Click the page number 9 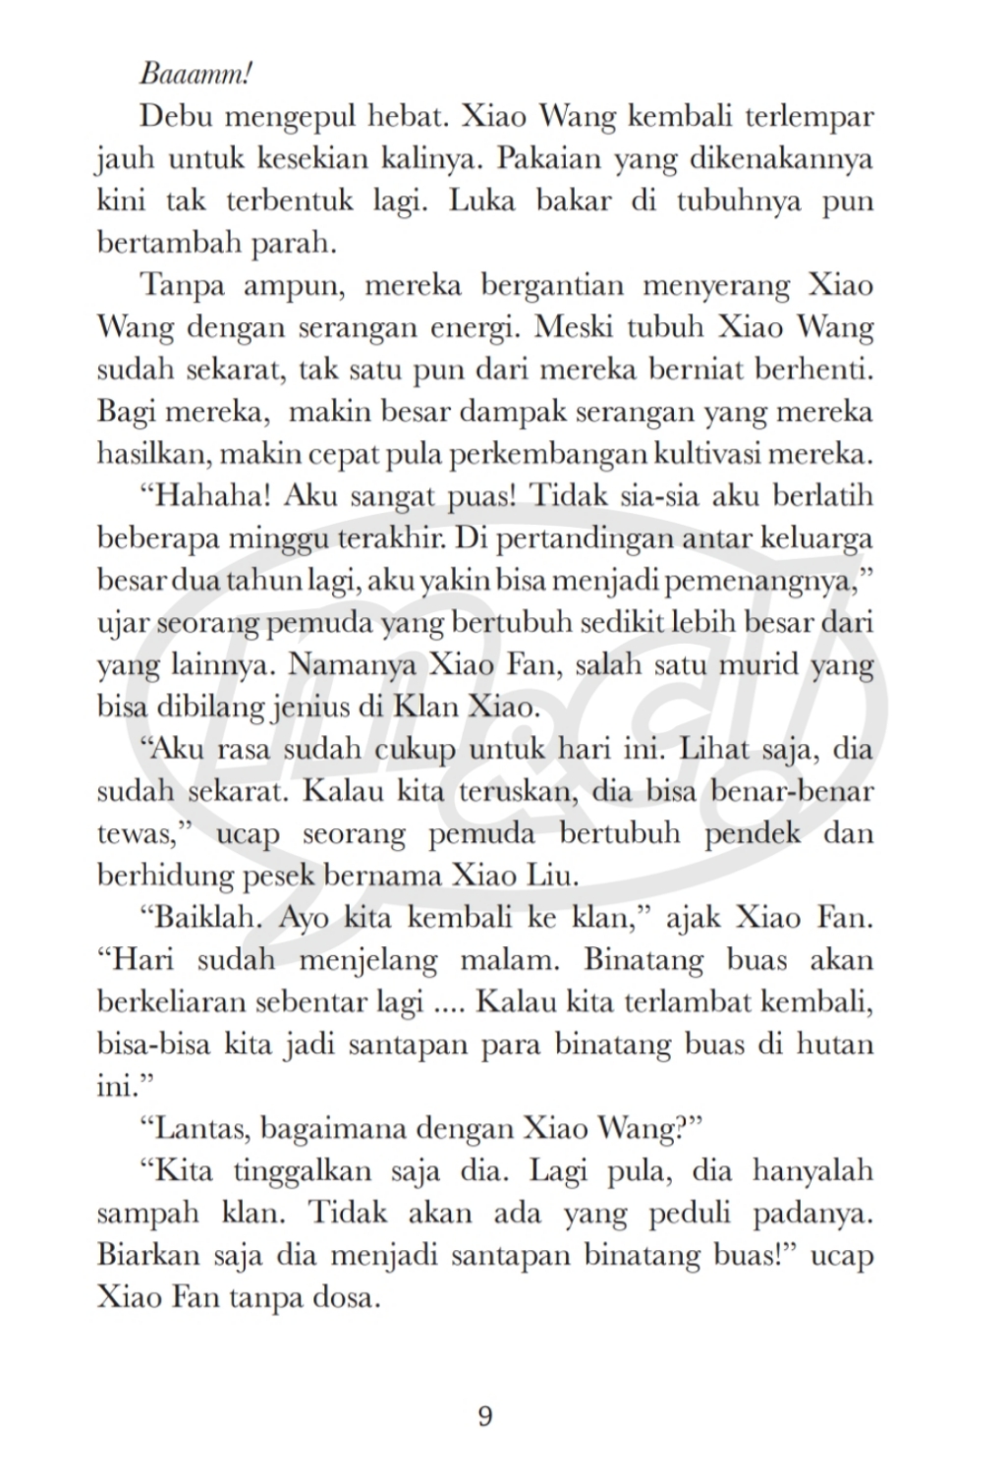484,1416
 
